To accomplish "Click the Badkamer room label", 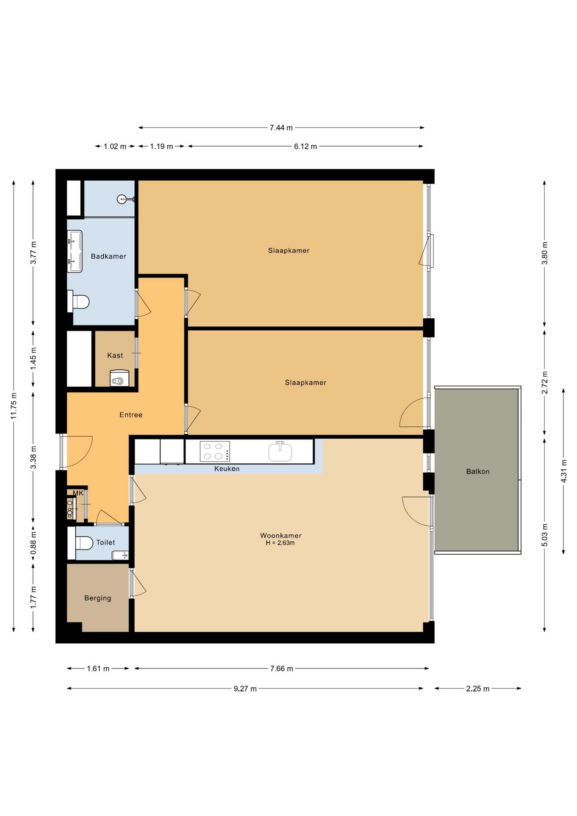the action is point(108,256).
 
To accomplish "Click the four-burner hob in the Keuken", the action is point(215,451).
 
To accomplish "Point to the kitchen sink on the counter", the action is point(280,451).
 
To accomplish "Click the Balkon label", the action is point(478,471).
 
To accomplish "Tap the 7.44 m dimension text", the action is point(281,127).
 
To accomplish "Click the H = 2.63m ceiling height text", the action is point(280,543).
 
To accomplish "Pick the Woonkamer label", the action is point(281,535).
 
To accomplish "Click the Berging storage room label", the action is point(98,598).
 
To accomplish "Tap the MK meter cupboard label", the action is point(78,493).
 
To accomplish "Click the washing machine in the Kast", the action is point(119,378).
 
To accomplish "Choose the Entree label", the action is point(131,415).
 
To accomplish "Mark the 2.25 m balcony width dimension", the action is point(478,688).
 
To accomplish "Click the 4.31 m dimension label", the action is point(564,471).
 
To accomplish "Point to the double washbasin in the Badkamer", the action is point(75,251).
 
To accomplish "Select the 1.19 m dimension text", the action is point(161,146).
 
